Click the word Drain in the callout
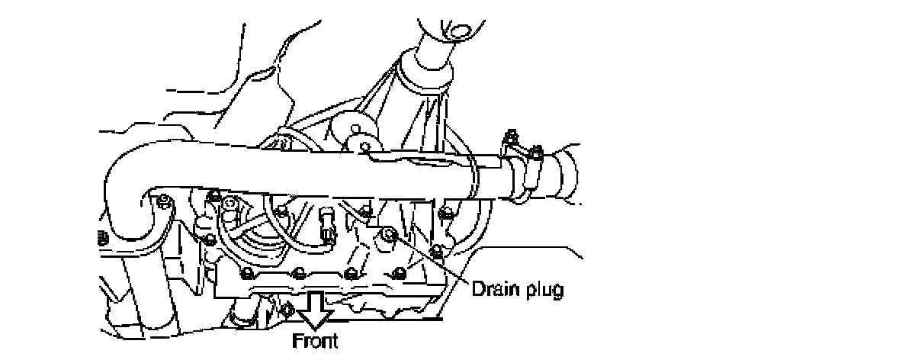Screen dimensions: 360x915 [491, 290]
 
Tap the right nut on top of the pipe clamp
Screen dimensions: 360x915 [535, 151]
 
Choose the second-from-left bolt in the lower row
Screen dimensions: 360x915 [300, 271]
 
